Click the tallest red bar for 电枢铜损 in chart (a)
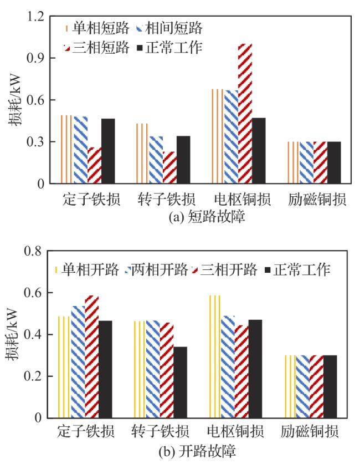click(245, 114)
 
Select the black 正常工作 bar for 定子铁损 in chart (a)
click(108, 151)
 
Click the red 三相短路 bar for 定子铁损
click(94, 165)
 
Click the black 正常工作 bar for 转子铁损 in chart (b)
click(180, 382)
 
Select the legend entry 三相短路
click(102, 48)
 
